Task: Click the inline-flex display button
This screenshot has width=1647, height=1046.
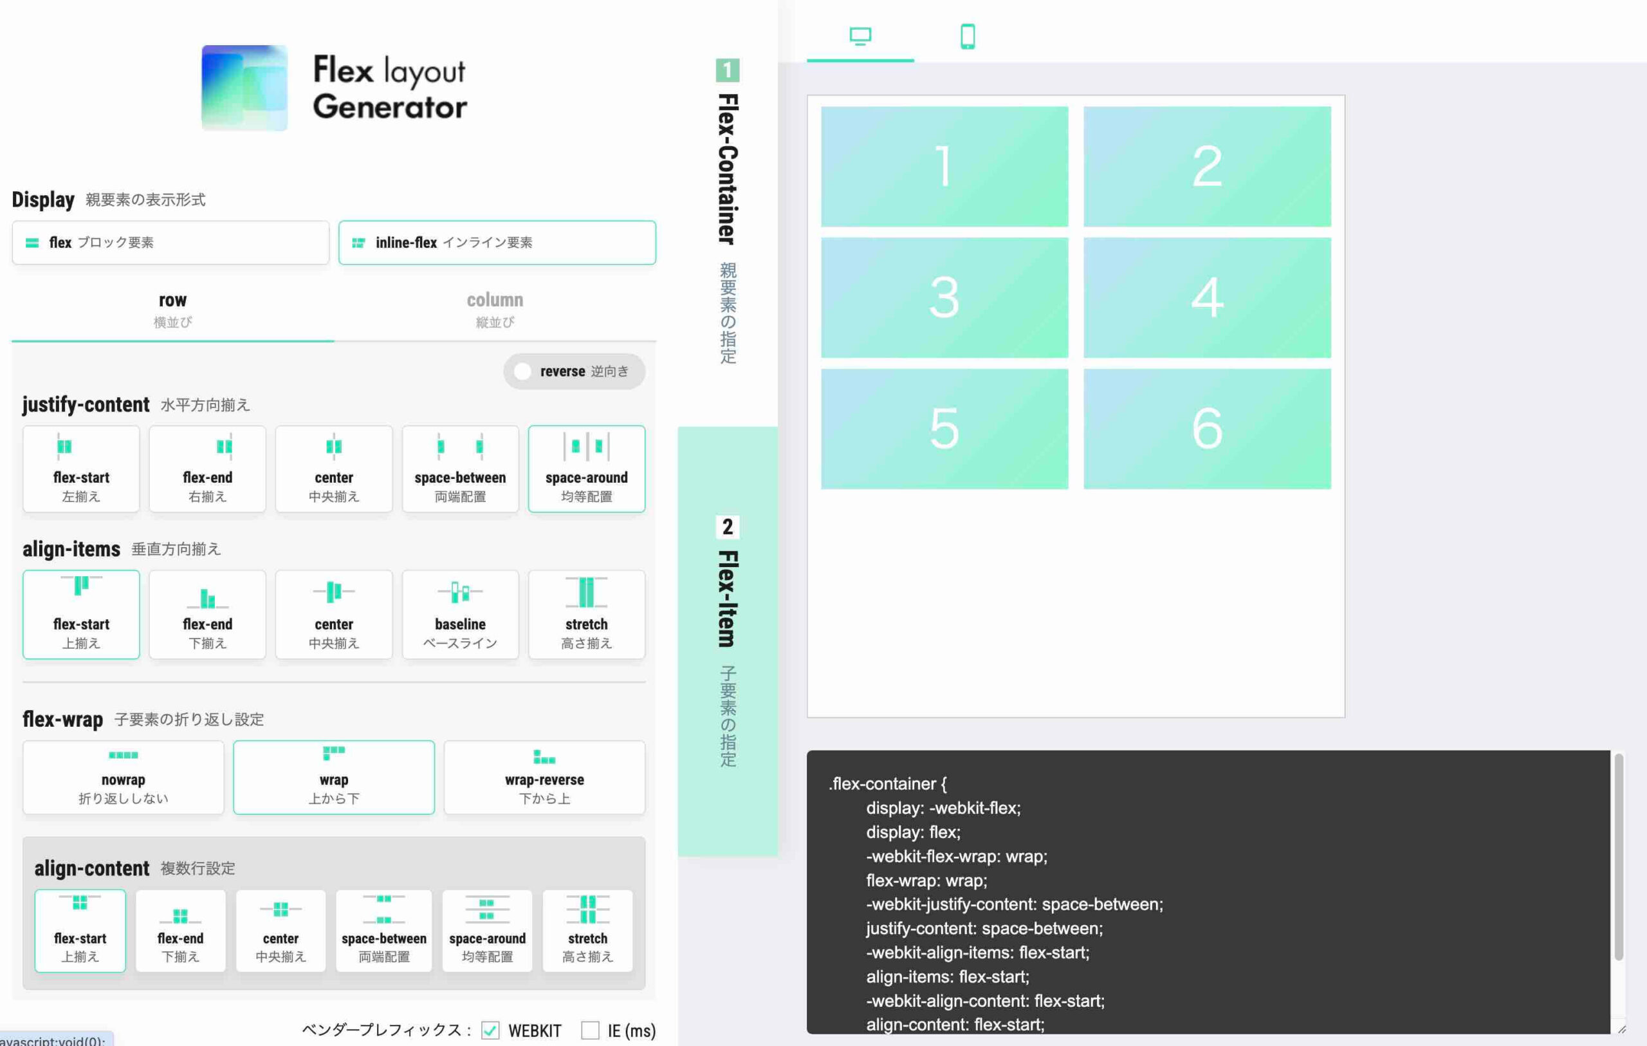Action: pos(497,242)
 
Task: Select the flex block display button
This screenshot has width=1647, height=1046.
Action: pos(170,242)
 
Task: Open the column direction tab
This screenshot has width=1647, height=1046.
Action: pos(495,310)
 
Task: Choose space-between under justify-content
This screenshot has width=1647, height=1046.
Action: pos(460,469)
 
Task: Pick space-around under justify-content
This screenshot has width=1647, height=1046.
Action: pos(587,469)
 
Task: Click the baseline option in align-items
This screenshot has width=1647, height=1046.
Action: pos(460,614)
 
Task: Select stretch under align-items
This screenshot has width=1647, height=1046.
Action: pos(587,614)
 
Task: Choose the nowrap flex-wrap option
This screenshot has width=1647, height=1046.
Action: pos(123,777)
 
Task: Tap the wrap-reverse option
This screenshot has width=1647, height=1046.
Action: pos(544,777)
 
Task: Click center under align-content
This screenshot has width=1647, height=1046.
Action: pos(281,930)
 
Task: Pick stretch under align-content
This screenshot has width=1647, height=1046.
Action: pos(587,930)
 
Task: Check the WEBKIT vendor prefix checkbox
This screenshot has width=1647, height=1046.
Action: pos(490,1031)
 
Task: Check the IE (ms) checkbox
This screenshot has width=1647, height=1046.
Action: pos(590,1031)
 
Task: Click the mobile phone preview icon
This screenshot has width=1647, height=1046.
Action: pos(968,36)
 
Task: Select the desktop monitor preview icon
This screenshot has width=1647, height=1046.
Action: pos(860,36)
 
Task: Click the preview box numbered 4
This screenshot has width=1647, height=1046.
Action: pos(1207,297)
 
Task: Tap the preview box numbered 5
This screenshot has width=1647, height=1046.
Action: pos(944,429)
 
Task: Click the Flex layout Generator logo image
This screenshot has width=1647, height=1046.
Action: pos(244,88)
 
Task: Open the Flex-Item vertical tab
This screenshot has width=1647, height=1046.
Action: pos(728,641)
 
